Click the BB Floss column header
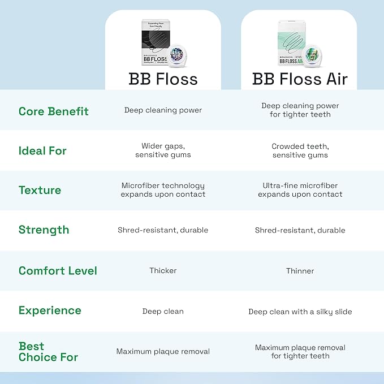click(163, 78)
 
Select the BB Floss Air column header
click(300, 78)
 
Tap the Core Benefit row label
click(54, 111)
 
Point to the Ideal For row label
click(42, 151)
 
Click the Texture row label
click(40, 191)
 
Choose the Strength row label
click(44, 230)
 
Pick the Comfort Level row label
click(58, 271)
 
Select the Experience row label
click(50, 310)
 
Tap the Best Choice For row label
click(48, 352)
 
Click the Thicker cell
click(163, 271)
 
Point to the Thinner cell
click(300, 271)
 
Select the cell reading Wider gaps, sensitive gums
click(163, 150)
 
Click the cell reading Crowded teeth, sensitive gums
click(300, 150)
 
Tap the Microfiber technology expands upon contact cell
click(163, 190)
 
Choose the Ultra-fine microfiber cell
click(300, 190)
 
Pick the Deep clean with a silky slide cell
click(300, 312)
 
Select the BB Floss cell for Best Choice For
click(163, 352)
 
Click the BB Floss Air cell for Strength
click(300, 230)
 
